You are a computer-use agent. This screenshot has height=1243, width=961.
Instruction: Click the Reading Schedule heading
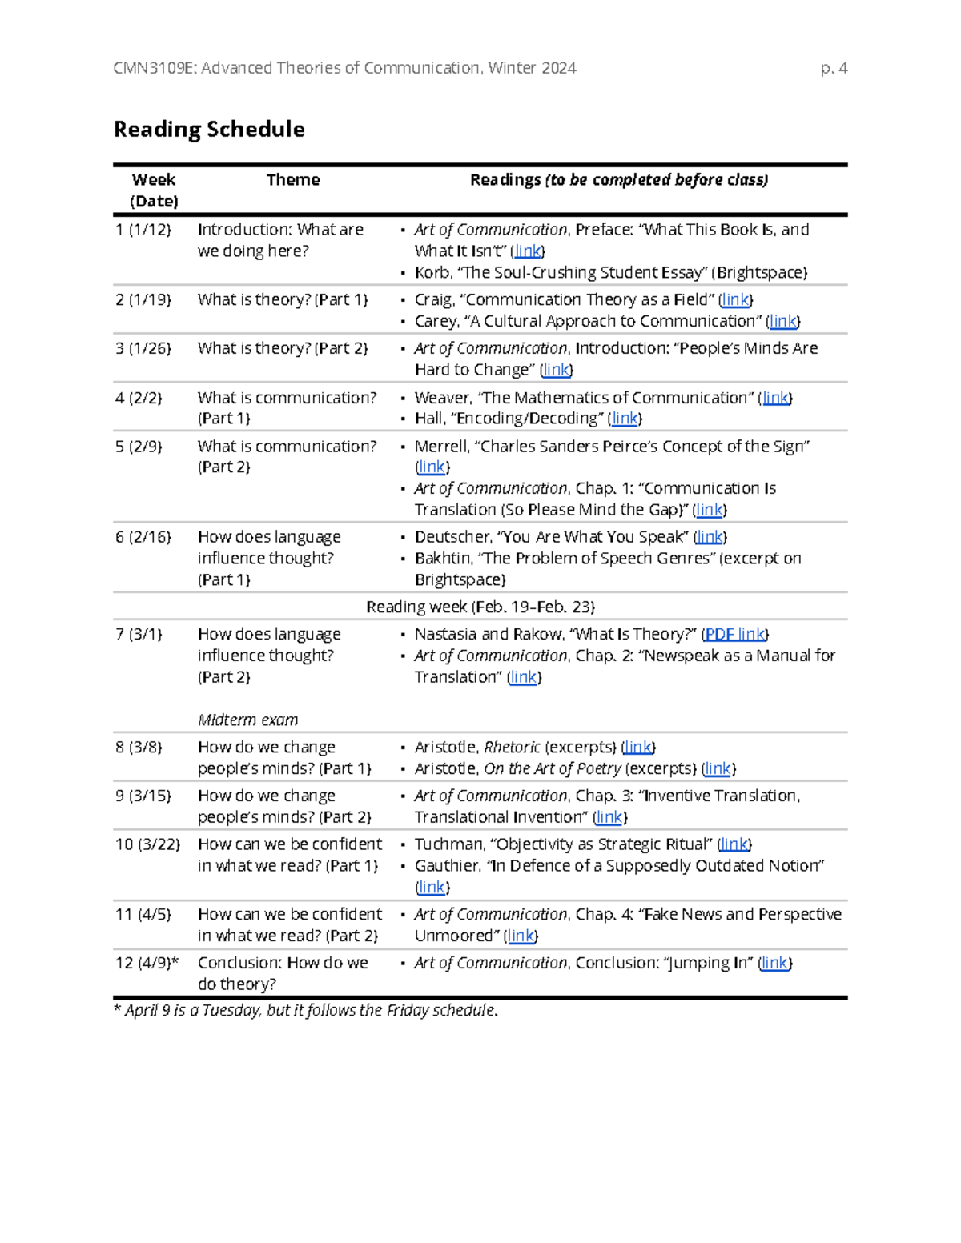point(209,129)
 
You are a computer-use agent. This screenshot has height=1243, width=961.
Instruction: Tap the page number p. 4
point(834,68)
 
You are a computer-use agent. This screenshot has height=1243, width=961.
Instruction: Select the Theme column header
point(292,180)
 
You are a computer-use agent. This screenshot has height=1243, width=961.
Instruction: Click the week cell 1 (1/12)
point(143,230)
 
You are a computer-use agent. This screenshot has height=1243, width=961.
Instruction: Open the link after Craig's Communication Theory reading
point(734,299)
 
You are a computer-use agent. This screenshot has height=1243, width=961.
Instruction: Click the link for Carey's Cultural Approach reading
point(782,321)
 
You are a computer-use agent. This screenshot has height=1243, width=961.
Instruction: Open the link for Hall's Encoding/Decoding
point(625,418)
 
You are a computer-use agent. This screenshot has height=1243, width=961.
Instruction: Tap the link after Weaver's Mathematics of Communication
point(775,398)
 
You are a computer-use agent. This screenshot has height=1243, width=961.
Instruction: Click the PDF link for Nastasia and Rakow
point(735,634)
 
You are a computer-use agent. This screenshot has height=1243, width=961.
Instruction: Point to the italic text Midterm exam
point(247,720)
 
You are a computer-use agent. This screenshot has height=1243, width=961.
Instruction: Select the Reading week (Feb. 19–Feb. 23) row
point(480,607)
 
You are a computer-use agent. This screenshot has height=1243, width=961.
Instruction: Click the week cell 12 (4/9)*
point(147,963)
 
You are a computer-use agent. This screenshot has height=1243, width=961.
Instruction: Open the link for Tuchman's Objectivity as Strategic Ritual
point(734,844)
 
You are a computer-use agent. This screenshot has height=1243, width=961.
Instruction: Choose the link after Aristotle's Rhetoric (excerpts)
point(637,747)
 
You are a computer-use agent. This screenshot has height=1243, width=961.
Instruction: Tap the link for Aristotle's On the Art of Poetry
point(718,768)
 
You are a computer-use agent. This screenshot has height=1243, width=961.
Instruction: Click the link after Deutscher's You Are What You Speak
point(710,537)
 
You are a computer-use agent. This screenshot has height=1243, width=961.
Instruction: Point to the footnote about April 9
point(306,1010)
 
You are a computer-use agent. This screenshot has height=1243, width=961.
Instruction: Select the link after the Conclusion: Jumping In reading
point(774,963)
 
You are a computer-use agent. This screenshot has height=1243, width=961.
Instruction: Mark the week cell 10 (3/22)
point(147,844)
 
